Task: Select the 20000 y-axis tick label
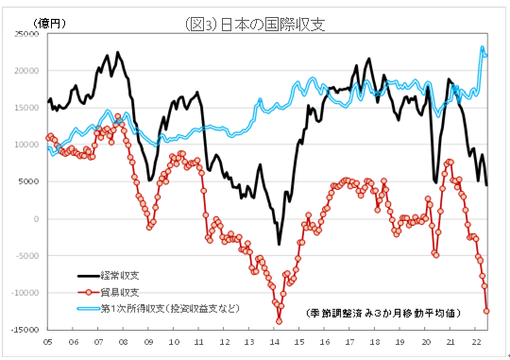pos(25,70)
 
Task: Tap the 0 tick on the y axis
pos(36,219)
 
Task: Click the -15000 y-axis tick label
pos(24,330)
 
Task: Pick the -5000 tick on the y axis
pos(26,256)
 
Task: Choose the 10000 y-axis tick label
pos(25,145)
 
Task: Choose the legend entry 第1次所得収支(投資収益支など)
pos(171,308)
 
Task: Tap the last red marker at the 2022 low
pos(487,310)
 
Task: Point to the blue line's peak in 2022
pos(483,48)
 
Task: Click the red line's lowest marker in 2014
pos(279,321)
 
